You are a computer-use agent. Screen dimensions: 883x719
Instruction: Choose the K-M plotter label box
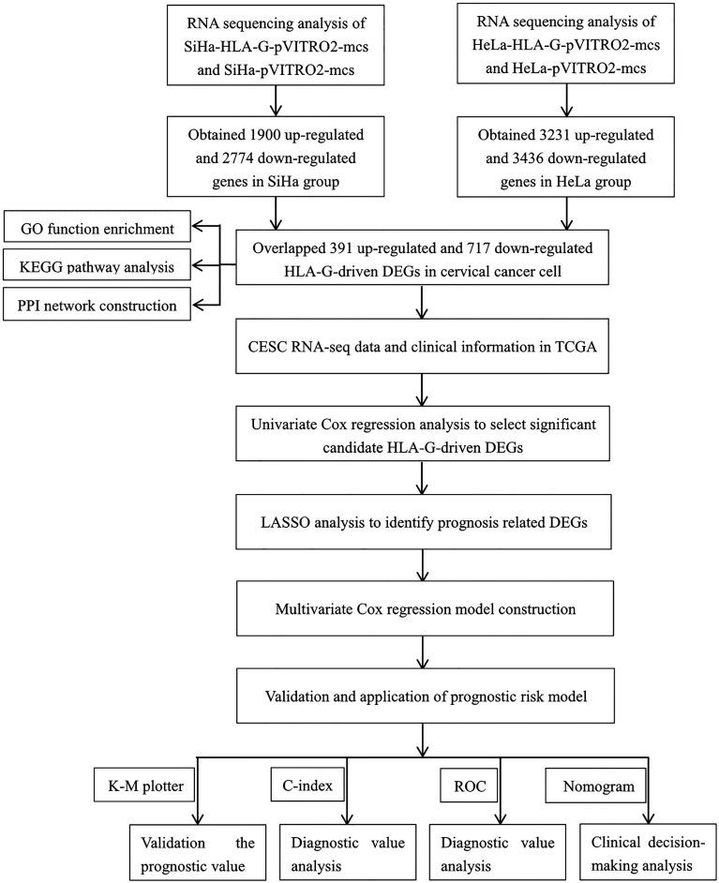146,783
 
